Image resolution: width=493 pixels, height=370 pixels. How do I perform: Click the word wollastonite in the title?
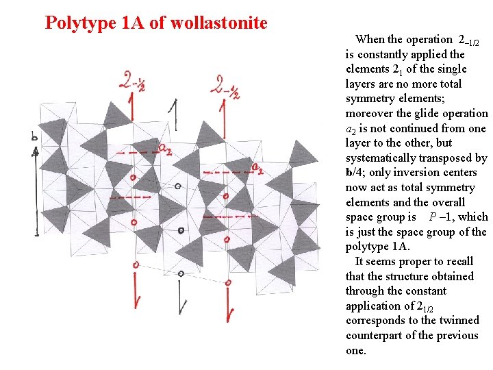[218, 23]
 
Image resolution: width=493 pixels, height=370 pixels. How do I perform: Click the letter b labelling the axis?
[34, 137]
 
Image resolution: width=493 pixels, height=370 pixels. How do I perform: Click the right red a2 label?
[257, 167]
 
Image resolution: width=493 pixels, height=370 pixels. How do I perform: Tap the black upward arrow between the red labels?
[177, 113]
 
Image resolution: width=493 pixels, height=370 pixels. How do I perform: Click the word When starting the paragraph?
[370, 40]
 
